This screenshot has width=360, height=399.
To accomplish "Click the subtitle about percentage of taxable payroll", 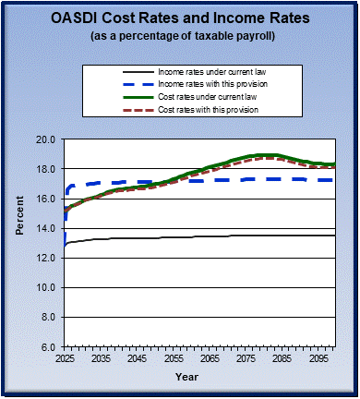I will tap(180, 37).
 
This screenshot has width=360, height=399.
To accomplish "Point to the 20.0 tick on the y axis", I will tap(47, 139).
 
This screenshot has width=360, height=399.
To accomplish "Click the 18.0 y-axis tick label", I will tap(47, 169).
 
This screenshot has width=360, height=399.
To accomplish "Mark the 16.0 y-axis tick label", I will tap(47, 199).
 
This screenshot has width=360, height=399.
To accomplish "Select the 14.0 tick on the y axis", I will tap(47, 228).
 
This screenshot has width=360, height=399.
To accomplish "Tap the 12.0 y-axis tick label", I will tap(47, 258).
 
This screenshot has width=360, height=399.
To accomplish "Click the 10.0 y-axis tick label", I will tap(47, 287).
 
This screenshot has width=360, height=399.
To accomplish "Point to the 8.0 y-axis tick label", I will tap(50, 317).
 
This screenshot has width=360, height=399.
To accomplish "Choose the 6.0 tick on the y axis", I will tap(50, 346).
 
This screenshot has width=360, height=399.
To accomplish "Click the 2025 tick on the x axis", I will tap(65, 357).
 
